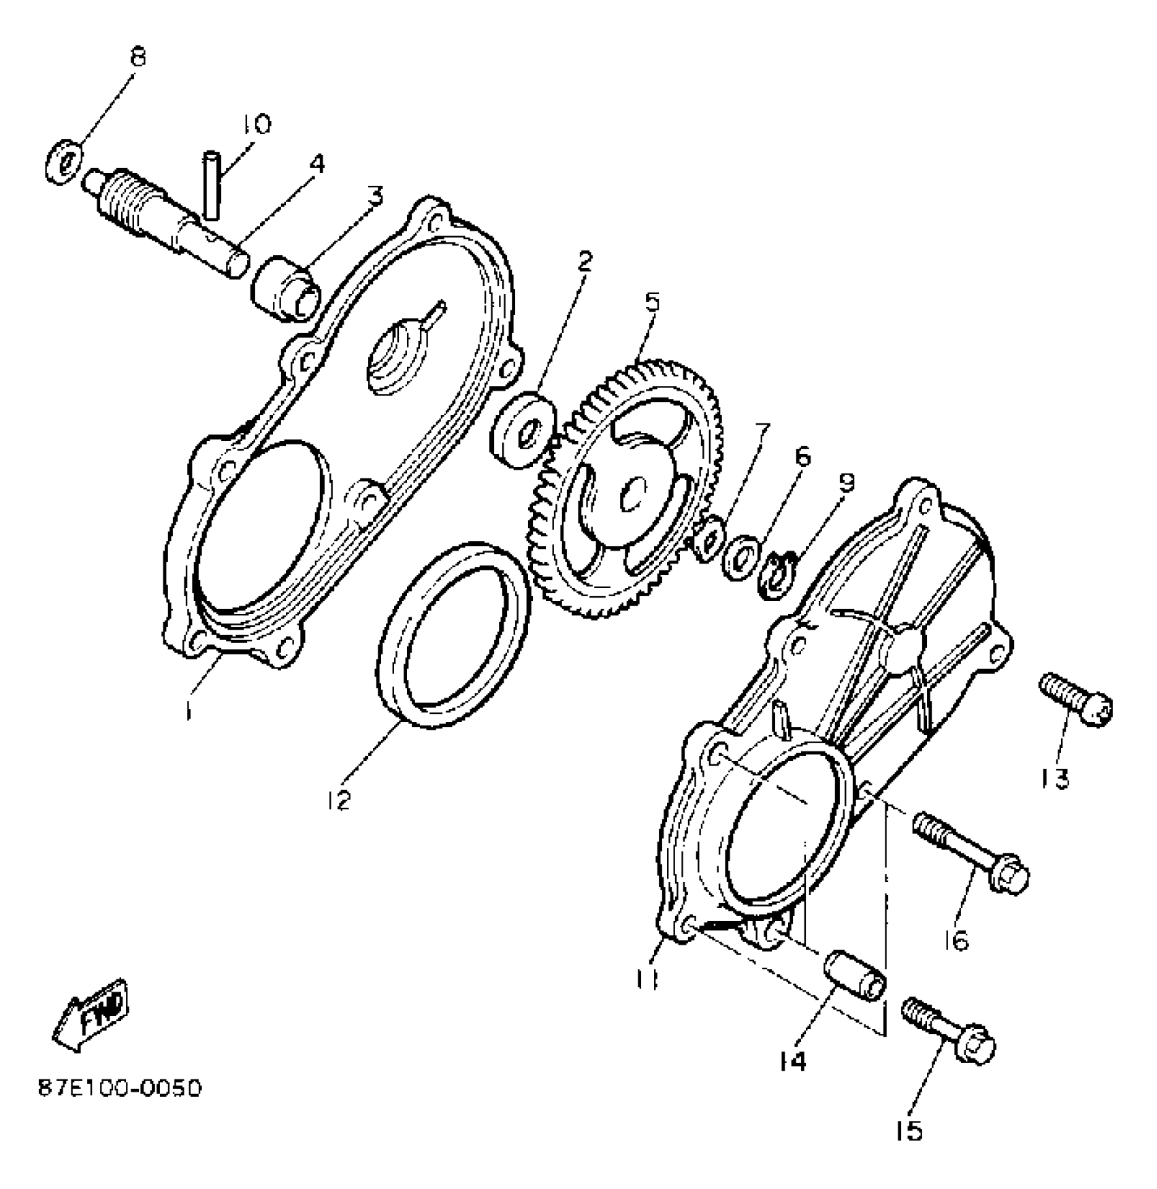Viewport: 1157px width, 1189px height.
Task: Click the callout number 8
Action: (137, 57)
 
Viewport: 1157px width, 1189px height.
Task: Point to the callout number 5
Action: (652, 302)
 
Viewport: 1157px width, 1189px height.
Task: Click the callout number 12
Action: (338, 800)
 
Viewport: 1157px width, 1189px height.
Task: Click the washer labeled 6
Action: (741, 556)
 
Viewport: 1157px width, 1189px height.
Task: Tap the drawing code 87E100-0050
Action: (119, 1089)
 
